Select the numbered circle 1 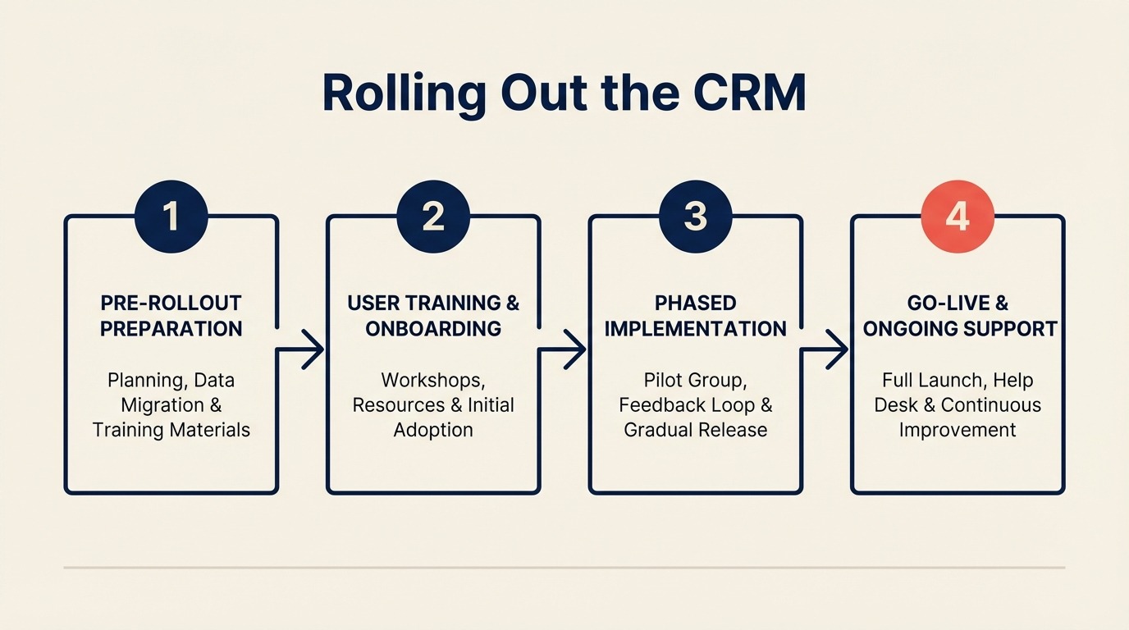[171, 217]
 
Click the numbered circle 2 [433, 217]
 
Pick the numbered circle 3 [695, 217]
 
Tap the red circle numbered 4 [958, 217]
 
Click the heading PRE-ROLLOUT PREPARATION [171, 316]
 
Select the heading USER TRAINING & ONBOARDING [433, 316]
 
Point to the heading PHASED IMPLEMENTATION [695, 316]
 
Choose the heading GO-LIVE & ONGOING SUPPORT [958, 316]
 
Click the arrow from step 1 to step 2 [304, 349]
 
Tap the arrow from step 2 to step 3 [565, 349]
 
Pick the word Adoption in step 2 [433, 430]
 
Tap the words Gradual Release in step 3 [695, 430]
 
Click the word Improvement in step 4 [958, 430]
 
